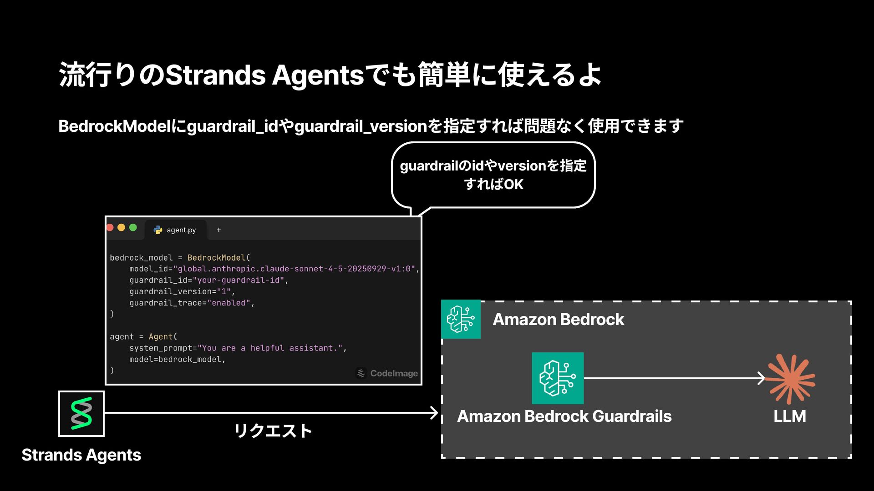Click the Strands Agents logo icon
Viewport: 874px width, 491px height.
81,413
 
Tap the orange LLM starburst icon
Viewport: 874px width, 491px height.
790,379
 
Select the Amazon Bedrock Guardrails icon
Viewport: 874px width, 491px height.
558,378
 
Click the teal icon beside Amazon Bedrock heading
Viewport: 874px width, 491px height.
461,319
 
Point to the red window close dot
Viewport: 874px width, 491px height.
110,227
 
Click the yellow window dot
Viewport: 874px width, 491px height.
121,227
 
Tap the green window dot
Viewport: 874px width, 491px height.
133,227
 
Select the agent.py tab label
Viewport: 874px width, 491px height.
181,230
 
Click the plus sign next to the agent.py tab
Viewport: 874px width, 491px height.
219,230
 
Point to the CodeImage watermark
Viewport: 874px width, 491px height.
387,373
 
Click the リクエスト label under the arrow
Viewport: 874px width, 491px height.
273,431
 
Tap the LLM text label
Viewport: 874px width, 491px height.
790,416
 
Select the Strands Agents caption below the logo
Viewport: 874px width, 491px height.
81,455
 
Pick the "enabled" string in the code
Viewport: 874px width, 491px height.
229,303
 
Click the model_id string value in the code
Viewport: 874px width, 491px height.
296,269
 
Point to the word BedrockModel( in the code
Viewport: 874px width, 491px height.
218,258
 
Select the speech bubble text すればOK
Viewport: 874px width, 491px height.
493,184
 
